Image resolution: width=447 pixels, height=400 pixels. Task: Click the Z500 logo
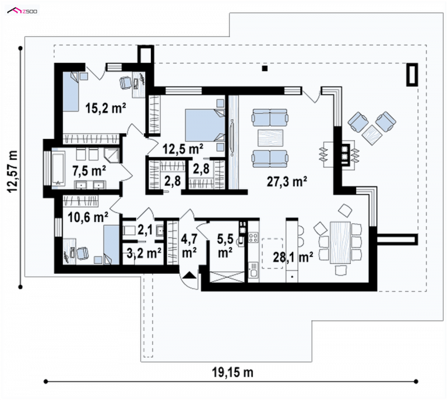[22, 11]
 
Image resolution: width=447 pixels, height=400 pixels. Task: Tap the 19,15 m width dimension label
[232, 372]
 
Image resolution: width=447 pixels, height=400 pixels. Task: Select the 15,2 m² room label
[106, 108]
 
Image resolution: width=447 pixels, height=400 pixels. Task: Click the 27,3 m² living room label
[287, 181]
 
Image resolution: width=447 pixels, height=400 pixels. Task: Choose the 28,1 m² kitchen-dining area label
[293, 257]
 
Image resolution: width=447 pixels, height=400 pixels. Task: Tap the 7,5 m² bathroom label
[89, 171]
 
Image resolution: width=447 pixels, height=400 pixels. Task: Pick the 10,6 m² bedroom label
[88, 217]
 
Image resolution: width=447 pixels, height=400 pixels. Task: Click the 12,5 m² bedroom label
[183, 148]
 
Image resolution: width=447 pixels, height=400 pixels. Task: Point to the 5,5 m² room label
[225, 245]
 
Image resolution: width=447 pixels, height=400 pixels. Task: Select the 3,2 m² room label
[144, 253]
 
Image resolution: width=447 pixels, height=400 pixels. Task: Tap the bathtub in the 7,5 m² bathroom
[59, 169]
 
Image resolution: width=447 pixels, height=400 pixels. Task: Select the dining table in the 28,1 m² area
[340, 243]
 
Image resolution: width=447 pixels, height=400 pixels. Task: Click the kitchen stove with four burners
[253, 238]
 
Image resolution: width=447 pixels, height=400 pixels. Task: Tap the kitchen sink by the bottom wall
[253, 270]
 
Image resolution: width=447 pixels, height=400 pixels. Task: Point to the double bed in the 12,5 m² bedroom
[205, 126]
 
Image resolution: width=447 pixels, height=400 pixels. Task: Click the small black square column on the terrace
[265, 68]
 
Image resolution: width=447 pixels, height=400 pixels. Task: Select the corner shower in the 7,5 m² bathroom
[111, 155]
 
